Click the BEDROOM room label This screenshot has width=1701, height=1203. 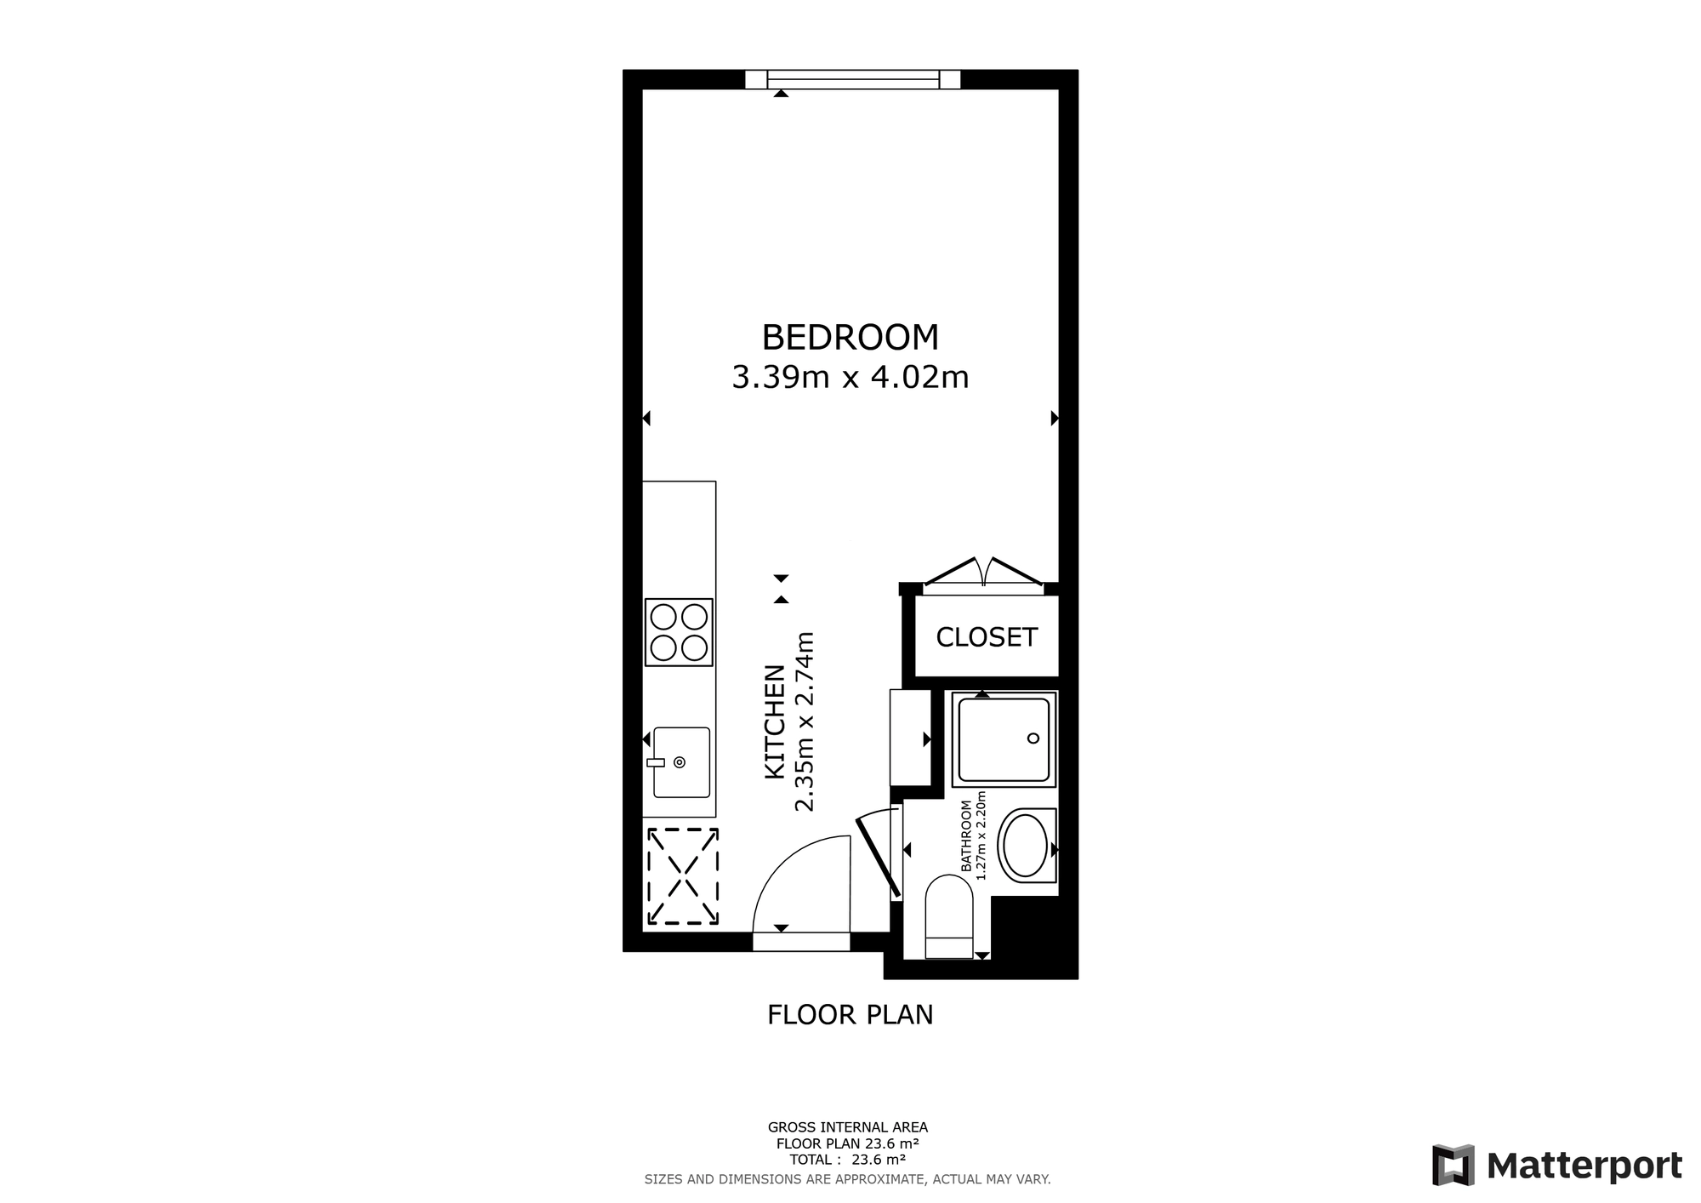click(x=850, y=338)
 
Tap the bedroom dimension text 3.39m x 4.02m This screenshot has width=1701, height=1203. click(x=850, y=377)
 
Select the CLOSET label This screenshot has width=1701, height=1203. click(x=987, y=637)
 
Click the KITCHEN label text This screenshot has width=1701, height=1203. click(x=774, y=721)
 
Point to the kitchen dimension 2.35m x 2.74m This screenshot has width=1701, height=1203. click(x=805, y=721)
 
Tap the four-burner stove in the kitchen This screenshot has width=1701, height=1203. click(x=679, y=632)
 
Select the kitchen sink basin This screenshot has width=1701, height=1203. click(x=680, y=762)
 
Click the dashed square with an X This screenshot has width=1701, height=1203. click(x=683, y=876)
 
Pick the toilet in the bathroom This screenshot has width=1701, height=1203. click(x=948, y=916)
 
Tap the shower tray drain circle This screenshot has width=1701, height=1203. click(x=1034, y=738)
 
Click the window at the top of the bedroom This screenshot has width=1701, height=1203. click(x=853, y=79)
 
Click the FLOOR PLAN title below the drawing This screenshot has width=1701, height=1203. click(x=850, y=1015)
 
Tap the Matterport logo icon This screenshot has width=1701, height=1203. click(x=1453, y=1166)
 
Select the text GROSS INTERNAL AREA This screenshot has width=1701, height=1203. click(x=848, y=1128)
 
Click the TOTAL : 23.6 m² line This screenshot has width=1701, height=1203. click(x=847, y=1160)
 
